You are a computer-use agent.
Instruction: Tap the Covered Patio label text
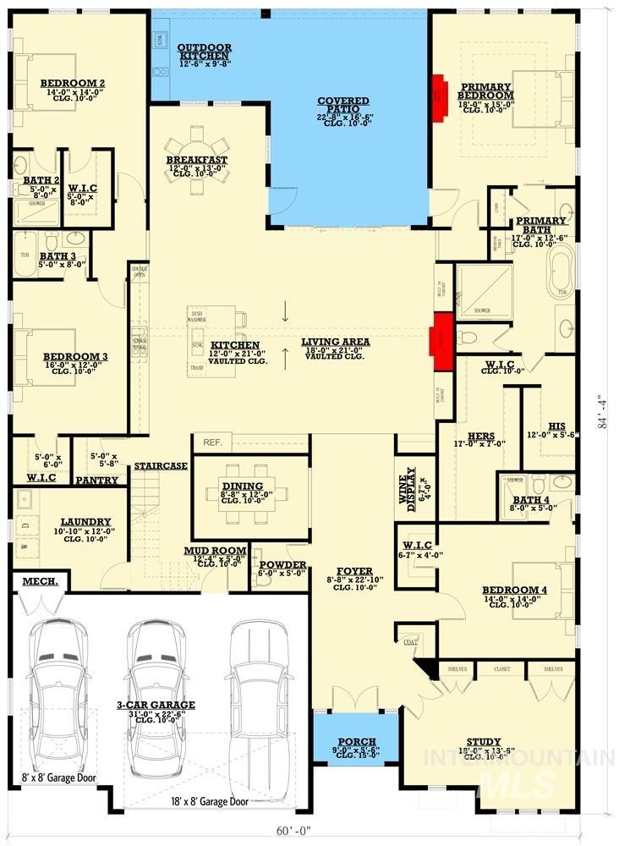[337, 105]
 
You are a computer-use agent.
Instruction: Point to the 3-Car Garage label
[156, 704]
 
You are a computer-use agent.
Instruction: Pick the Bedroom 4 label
[514, 590]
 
